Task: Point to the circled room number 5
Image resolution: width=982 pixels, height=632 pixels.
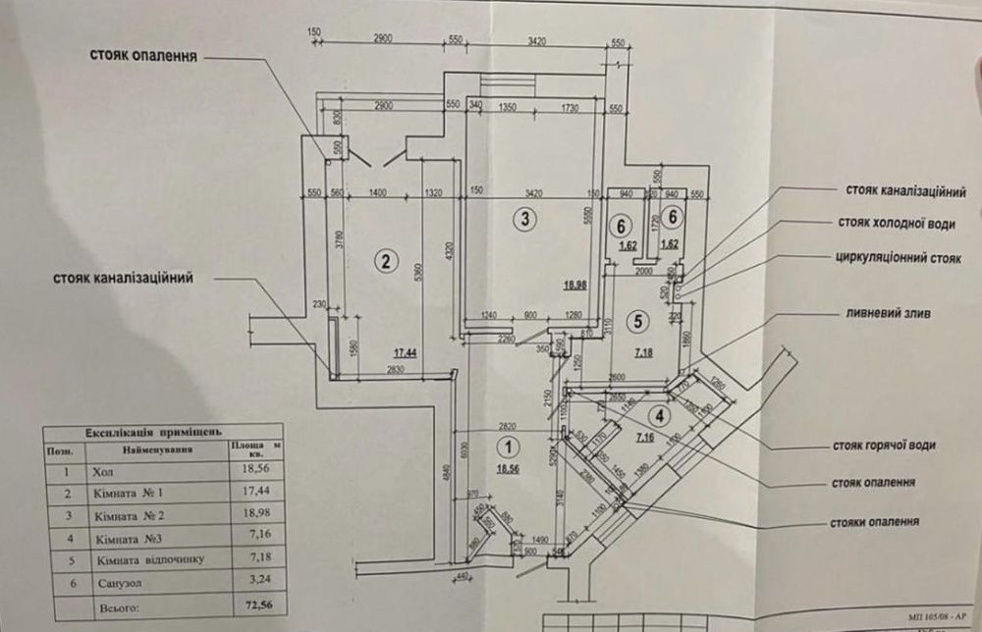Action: [639, 319]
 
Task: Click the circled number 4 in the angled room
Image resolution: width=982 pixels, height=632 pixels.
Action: [661, 415]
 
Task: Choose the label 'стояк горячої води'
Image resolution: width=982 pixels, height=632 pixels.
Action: [883, 446]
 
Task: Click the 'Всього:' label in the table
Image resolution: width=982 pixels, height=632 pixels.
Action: [111, 608]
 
